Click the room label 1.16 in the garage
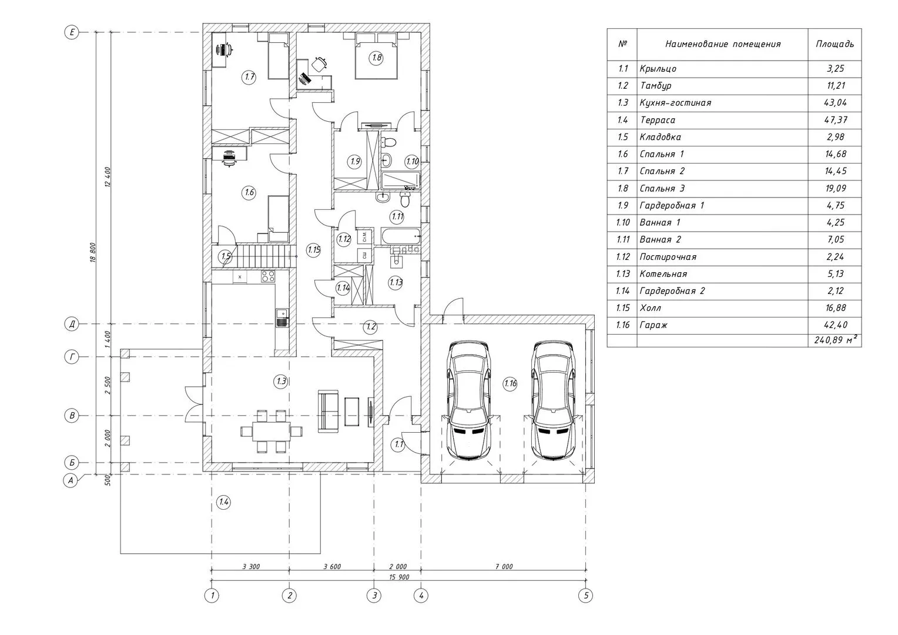pos(510,383)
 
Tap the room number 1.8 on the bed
pos(377,58)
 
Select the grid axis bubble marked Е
pos(72,32)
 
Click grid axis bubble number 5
pos(586,595)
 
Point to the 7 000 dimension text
pos(504,567)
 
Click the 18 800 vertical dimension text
pos(93,252)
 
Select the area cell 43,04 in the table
pos(836,103)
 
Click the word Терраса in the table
pos(658,120)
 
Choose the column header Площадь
pos(835,44)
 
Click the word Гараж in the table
pos(654,325)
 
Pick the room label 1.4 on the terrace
pos(223,502)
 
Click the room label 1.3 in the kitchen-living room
pos(281,381)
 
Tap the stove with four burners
pos(268,276)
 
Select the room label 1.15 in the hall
pos(313,250)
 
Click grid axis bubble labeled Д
pos(72,324)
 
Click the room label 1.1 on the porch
pos(398,444)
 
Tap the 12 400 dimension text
pos(108,178)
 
